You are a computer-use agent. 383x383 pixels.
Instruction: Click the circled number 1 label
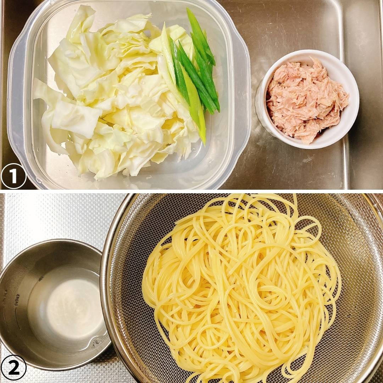pyautogui.click(x=13, y=176)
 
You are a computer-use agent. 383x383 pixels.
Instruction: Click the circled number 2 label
pyautogui.click(x=13, y=368)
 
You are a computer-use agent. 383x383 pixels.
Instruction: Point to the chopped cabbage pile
pyautogui.click(x=115, y=95)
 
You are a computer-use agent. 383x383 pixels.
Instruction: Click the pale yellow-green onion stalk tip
pyautogui.click(x=203, y=139)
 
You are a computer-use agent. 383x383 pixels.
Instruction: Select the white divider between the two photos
pyautogui.click(x=191, y=191)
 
